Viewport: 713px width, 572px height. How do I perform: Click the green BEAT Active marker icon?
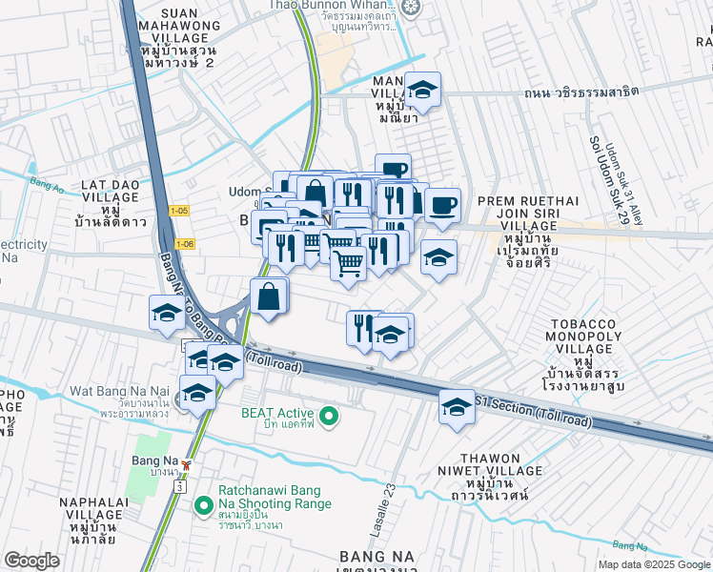(329, 417)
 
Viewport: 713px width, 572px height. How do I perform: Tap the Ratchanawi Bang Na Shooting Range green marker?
(201, 504)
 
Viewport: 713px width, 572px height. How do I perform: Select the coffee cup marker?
(442, 206)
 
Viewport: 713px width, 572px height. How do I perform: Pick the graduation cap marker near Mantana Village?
(421, 91)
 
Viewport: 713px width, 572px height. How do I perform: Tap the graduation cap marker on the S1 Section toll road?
(457, 406)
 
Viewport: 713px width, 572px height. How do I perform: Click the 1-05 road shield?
(178, 210)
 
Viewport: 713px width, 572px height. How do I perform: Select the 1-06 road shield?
(185, 244)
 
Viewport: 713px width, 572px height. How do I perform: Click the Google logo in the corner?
(31, 561)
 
